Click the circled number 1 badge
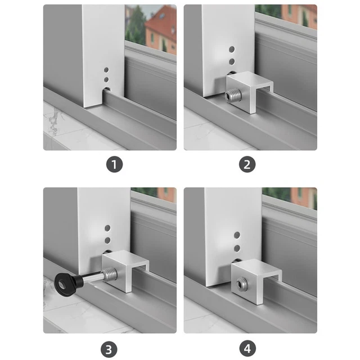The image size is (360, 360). click(x=115, y=165)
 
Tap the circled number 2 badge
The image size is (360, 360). click(x=247, y=165)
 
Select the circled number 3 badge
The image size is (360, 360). click(x=115, y=348)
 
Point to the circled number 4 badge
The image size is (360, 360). click(x=247, y=348)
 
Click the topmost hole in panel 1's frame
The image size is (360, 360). click(x=106, y=71)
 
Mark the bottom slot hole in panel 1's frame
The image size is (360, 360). click(x=106, y=88)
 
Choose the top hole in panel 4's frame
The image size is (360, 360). click(x=236, y=233)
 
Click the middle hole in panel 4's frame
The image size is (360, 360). click(x=236, y=247)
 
